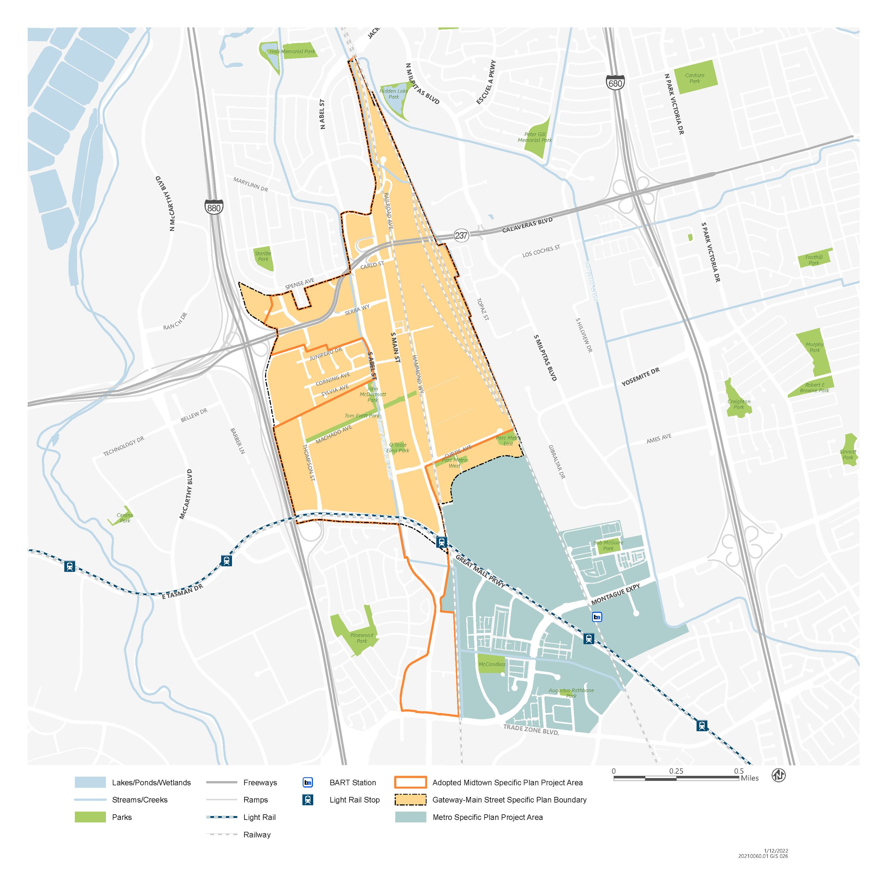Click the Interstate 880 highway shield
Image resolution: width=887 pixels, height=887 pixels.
214,207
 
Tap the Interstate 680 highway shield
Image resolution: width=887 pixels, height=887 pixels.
615,83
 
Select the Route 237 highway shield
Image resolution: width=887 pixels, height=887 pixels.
461,236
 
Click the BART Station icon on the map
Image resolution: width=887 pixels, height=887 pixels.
597,617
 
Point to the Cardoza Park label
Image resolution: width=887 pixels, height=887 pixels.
695,78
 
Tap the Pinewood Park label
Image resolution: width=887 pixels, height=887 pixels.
362,638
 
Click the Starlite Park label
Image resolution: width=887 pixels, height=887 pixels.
263,256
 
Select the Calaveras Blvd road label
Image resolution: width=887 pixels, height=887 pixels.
527,225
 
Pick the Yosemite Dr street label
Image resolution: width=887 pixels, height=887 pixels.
640,376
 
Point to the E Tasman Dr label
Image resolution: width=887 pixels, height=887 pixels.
182,592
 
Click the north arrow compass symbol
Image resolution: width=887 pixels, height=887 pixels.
779,776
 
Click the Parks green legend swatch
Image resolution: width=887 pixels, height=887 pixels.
90,817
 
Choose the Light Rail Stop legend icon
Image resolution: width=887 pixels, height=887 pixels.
308,800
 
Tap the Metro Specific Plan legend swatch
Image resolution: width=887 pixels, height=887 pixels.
411,817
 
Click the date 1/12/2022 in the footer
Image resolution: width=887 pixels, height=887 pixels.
776,851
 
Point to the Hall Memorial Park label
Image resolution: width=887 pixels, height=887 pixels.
292,51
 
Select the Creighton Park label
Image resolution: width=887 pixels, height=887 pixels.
739,404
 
